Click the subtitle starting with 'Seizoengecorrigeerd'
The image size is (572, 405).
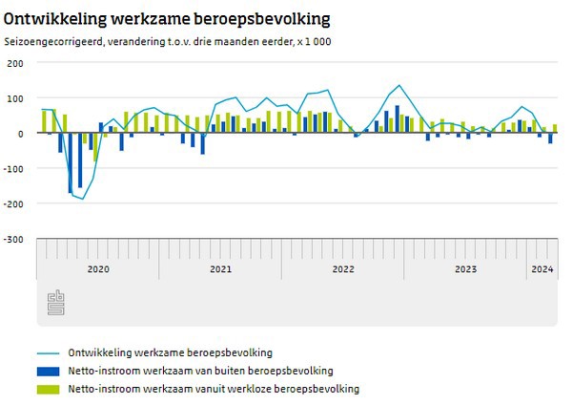168,42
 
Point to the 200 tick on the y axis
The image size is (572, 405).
16,63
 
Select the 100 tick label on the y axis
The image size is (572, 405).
16,98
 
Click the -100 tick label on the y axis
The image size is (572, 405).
14,169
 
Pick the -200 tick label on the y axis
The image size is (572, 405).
14,204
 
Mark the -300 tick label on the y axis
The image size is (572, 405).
14,240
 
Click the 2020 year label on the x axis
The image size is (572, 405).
98,270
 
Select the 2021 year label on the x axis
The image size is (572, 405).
220,270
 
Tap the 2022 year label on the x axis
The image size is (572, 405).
343,270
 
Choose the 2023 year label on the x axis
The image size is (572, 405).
465,270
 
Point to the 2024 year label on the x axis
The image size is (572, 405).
541,270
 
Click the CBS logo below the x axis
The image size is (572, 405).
55,302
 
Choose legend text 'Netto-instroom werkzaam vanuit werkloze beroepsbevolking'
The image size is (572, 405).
212,389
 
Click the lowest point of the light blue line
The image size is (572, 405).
83,199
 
